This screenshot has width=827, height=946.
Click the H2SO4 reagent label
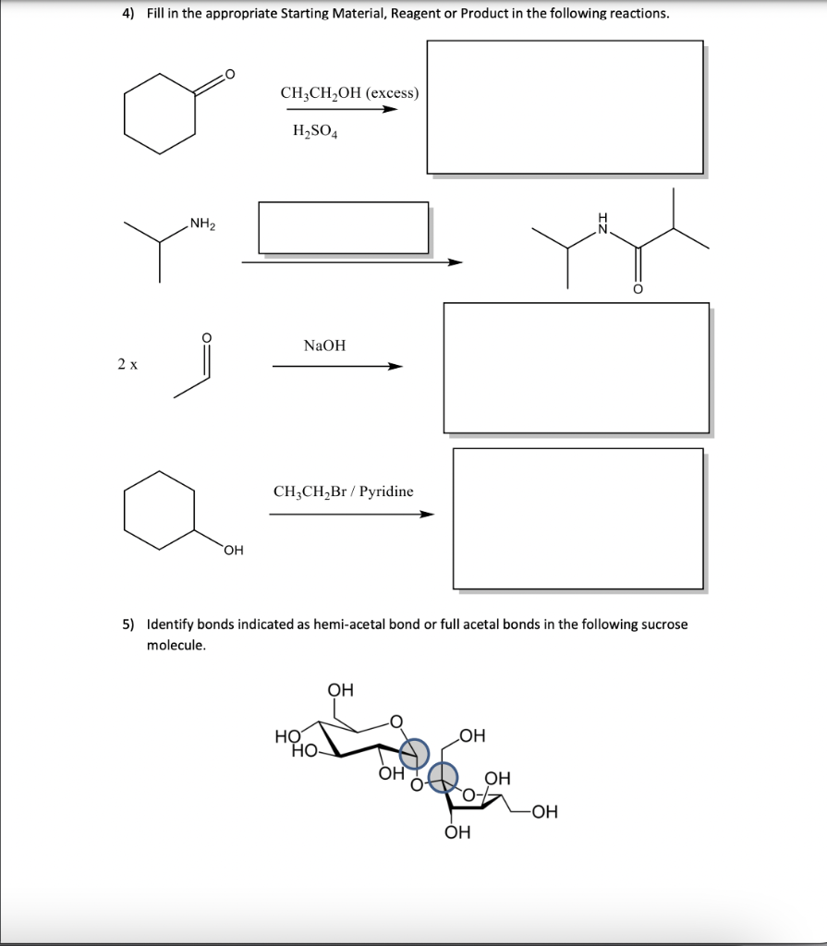[x=315, y=132]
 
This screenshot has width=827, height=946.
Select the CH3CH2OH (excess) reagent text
[x=349, y=93]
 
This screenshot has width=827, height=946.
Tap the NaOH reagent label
[x=324, y=346]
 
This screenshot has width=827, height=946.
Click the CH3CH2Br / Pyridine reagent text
[x=343, y=491]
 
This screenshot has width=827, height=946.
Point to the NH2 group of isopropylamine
[x=201, y=223]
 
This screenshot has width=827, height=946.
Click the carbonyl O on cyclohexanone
[x=229, y=75]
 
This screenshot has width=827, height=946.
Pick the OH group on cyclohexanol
[x=233, y=552]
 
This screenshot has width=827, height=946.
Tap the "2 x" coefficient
[x=128, y=364]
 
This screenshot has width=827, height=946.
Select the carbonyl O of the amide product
[x=637, y=290]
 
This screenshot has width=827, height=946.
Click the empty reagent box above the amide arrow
[x=343, y=227]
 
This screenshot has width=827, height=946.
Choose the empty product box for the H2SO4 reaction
[x=564, y=107]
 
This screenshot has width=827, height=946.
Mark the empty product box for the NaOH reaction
[x=576, y=368]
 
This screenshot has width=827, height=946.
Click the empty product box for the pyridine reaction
[x=578, y=518]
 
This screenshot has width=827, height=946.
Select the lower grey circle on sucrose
[x=446, y=776]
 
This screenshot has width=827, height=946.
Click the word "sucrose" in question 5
[x=665, y=625]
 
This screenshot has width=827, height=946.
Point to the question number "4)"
[x=128, y=14]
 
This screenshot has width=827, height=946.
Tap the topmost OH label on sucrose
[x=340, y=689]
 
